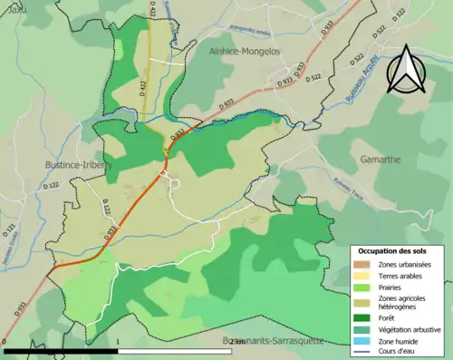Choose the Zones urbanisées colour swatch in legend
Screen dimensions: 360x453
tap(362, 264)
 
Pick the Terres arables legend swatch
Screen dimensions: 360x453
tap(362, 276)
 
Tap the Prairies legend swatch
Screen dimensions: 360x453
tap(362, 287)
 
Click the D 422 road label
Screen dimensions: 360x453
tap(142, 87)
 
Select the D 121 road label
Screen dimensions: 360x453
tap(12, 230)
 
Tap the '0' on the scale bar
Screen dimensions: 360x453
tap(5, 343)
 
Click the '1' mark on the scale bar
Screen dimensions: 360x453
tap(119, 343)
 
